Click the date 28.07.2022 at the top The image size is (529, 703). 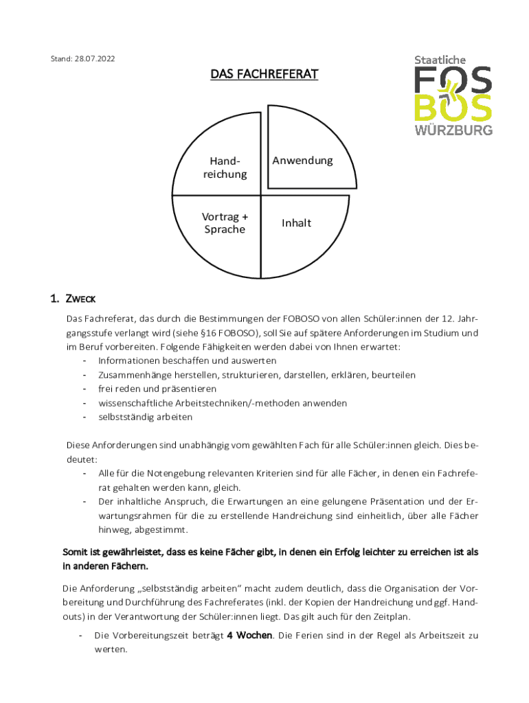(x=93, y=59)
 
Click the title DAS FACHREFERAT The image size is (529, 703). (x=264, y=74)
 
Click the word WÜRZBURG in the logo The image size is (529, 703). (x=453, y=130)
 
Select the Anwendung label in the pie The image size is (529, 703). (x=302, y=161)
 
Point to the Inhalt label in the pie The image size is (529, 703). (x=296, y=223)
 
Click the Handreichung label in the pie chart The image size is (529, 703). (x=225, y=168)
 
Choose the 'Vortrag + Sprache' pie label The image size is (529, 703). (x=225, y=223)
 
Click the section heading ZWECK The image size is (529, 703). (x=80, y=299)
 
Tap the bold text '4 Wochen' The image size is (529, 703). (x=249, y=636)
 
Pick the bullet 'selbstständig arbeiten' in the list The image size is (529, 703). (x=145, y=417)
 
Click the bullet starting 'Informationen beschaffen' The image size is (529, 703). (x=187, y=360)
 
